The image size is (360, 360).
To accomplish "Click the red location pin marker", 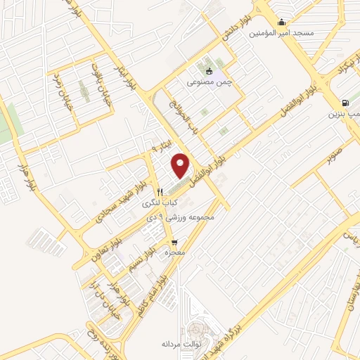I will click(181, 165).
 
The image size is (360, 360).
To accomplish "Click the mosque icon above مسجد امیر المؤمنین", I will click(282, 21).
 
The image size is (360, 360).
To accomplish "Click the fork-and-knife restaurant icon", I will click(160, 191).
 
